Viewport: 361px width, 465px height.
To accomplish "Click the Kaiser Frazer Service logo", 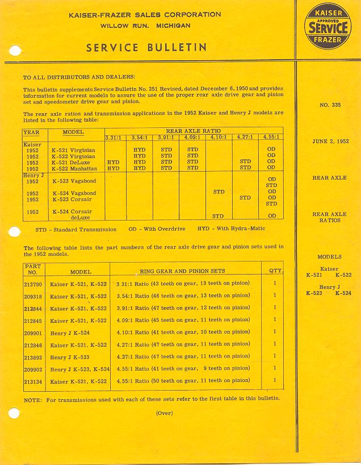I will pyautogui.click(x=328, y=26).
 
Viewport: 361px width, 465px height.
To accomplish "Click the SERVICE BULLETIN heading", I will pyautogui.click(x=146, y=48).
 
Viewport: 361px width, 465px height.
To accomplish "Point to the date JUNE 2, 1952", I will pyautogui.click(x=330, y=142).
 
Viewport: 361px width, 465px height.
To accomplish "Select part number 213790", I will pyautogui.click(x=33, y=283).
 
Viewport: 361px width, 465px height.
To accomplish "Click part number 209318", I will pyautogui.click(x=33, y=296).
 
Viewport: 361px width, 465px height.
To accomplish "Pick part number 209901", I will pyautogui.click(x=33, y=332).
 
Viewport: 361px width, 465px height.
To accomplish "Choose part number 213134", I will pyautogui.click(x=33, y=381).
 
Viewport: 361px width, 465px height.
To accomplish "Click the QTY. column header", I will pyautogui.click(x=276, y=271).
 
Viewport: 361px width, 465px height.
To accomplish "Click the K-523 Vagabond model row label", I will pyautogui.click(x=74, y=181).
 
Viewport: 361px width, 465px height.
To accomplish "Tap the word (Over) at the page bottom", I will pyautogui.click(x=164, y=413).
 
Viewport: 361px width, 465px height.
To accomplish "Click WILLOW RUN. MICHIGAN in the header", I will pyautogui.click(x=145, y=26).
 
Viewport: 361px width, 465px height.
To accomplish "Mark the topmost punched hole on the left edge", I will pyautogui.click(x=15, y=51).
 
